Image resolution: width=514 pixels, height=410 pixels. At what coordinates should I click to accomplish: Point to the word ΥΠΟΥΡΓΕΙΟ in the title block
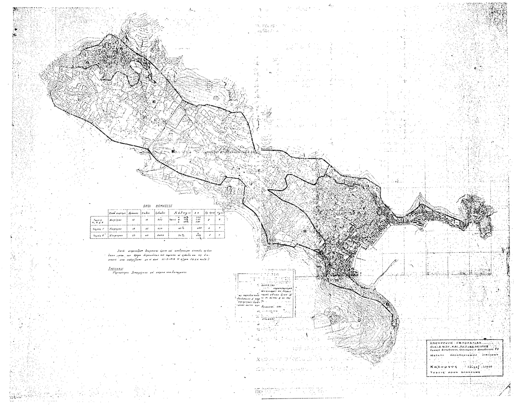tap(440, 342)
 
